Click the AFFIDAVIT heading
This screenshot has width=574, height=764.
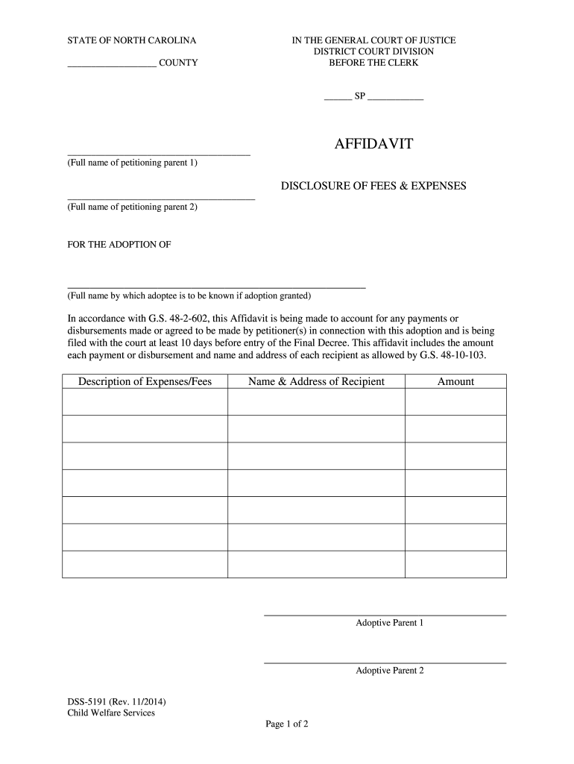(x=373, y=143)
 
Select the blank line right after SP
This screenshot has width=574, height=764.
(x=395, y=99)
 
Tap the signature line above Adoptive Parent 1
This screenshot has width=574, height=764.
(x=385, y=615)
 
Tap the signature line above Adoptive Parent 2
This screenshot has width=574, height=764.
(x=385, y=663)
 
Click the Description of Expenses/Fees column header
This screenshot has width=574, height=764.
(x=145, y=381)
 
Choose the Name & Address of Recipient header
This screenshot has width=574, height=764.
(x=316, y=381)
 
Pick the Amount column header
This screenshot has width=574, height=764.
(x=455, y=381)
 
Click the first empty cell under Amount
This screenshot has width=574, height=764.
(x=455, y=401)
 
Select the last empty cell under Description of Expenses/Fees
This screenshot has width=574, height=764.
(x=145, y=564)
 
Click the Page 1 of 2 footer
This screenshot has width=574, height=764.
(x=287, y=724)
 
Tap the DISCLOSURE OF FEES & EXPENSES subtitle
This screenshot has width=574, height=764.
(x=373, y=185)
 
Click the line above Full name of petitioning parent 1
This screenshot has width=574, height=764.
(x=159, y=154)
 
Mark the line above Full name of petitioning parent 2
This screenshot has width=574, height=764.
(x=161, y=199)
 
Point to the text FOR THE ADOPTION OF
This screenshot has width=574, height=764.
(x=119, y=245)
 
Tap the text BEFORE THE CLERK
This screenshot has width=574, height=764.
(x=373, y=63)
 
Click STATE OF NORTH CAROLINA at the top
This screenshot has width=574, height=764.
(x=132, y=40)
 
